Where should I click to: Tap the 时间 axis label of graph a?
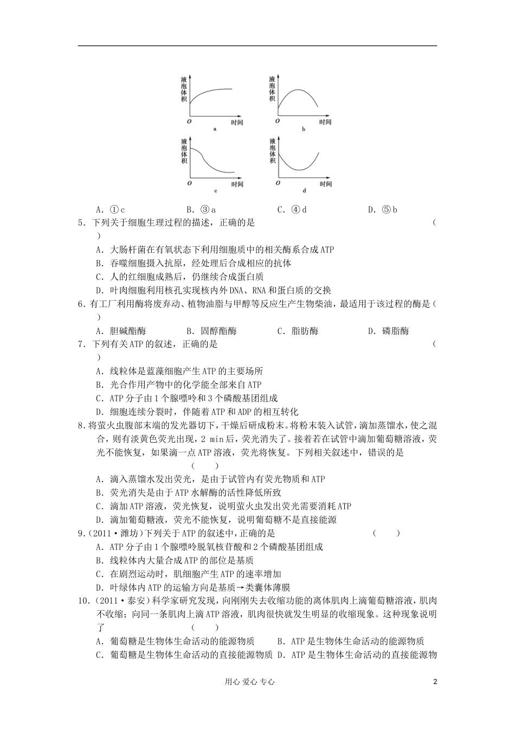[x=236, y=123]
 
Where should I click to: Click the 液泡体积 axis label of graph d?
[x=272, y=151]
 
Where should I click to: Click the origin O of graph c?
[x=190, y=183]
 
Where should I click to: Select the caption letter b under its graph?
[x=304, y=129]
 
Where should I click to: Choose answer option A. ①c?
[x=111, y=209]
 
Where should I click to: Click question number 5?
[x=81, y=222]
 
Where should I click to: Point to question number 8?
[x=81, y=426]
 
